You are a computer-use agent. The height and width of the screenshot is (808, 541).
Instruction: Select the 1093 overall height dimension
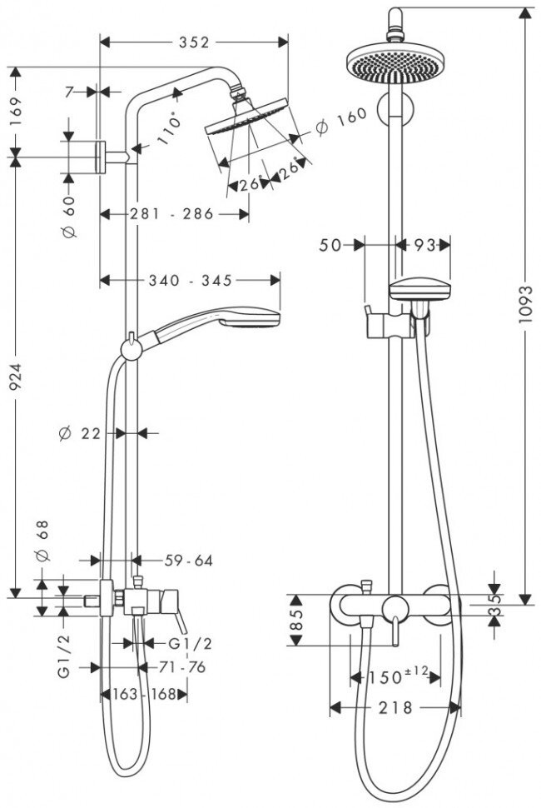(525, 308)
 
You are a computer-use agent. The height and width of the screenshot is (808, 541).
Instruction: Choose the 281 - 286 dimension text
(172, 214)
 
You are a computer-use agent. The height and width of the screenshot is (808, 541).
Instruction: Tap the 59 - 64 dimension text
(188, 561)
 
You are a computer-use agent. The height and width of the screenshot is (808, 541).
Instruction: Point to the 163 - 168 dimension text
(143, 693)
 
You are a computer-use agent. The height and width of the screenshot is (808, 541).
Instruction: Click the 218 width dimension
(395, 707)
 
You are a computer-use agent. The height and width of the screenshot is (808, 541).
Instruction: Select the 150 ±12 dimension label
(395, 676)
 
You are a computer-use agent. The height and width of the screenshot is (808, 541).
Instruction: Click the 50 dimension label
(330, 245)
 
